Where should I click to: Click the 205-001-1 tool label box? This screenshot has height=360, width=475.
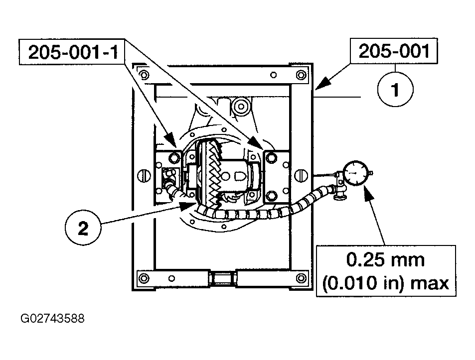pos(72,52)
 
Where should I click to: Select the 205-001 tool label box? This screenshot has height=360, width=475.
pos(394,51)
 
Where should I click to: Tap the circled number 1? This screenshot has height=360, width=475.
pos(395,90)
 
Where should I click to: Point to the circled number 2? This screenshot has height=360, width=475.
pos(83,228)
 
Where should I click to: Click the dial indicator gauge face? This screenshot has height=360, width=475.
pos(356,174)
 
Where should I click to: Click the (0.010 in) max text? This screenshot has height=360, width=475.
pos(385,283)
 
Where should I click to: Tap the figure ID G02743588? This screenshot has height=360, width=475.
pos(52,319)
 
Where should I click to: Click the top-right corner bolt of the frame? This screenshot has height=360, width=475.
pos(301,75)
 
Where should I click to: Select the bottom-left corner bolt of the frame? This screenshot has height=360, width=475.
pos(143,278)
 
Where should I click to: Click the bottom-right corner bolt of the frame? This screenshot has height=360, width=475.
pos(301,278)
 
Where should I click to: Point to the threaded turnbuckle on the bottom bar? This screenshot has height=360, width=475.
pos(222,278)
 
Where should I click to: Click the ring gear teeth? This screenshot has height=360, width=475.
pos(213,175)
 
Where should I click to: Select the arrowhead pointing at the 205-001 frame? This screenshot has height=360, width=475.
pos(321,84)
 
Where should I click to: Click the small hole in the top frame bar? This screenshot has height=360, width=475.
pos(273,74)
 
